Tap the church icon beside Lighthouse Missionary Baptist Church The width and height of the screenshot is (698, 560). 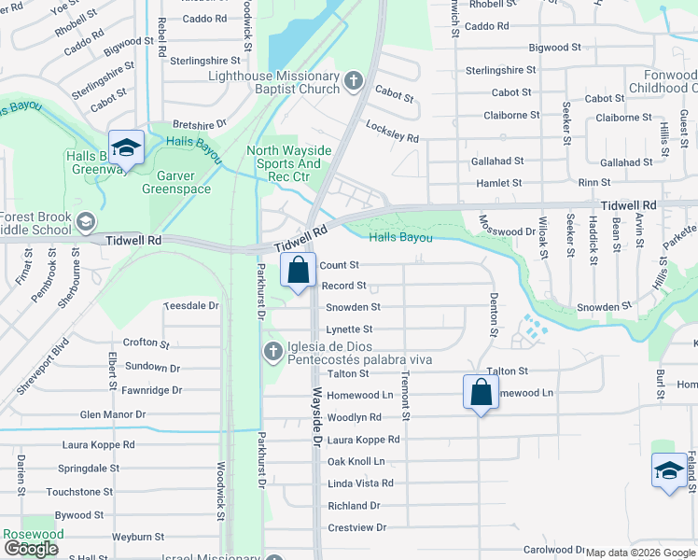click(x=353, y=81)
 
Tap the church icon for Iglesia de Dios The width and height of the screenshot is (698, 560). click(x=272, y=352)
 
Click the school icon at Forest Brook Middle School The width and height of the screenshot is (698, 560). click(x=86, y=221)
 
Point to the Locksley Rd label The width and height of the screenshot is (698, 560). click(x=392, y=131)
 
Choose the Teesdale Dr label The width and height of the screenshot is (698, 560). click(x=191, y=305)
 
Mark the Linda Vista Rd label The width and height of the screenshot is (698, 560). click(x=360, y=483)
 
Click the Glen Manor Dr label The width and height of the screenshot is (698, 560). click(x=113, y=414)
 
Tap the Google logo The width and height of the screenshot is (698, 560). click(x=31, y=549)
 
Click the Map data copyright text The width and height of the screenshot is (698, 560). click(x=641, y=553)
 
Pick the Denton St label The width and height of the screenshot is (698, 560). click(x=494, y=314)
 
